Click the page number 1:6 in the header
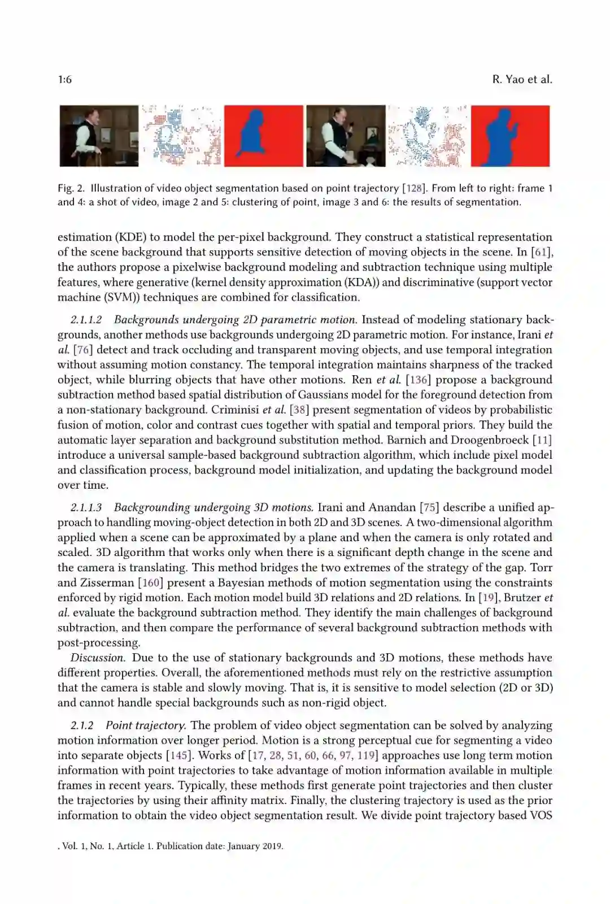point(64,80)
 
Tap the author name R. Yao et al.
point(522,80)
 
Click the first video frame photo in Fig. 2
point(99,136)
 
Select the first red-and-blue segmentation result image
point(263,136)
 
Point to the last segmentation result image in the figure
point(510,136)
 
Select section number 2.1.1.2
point(86,320)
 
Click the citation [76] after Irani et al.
point(84,350)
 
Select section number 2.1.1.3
point(86,507)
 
